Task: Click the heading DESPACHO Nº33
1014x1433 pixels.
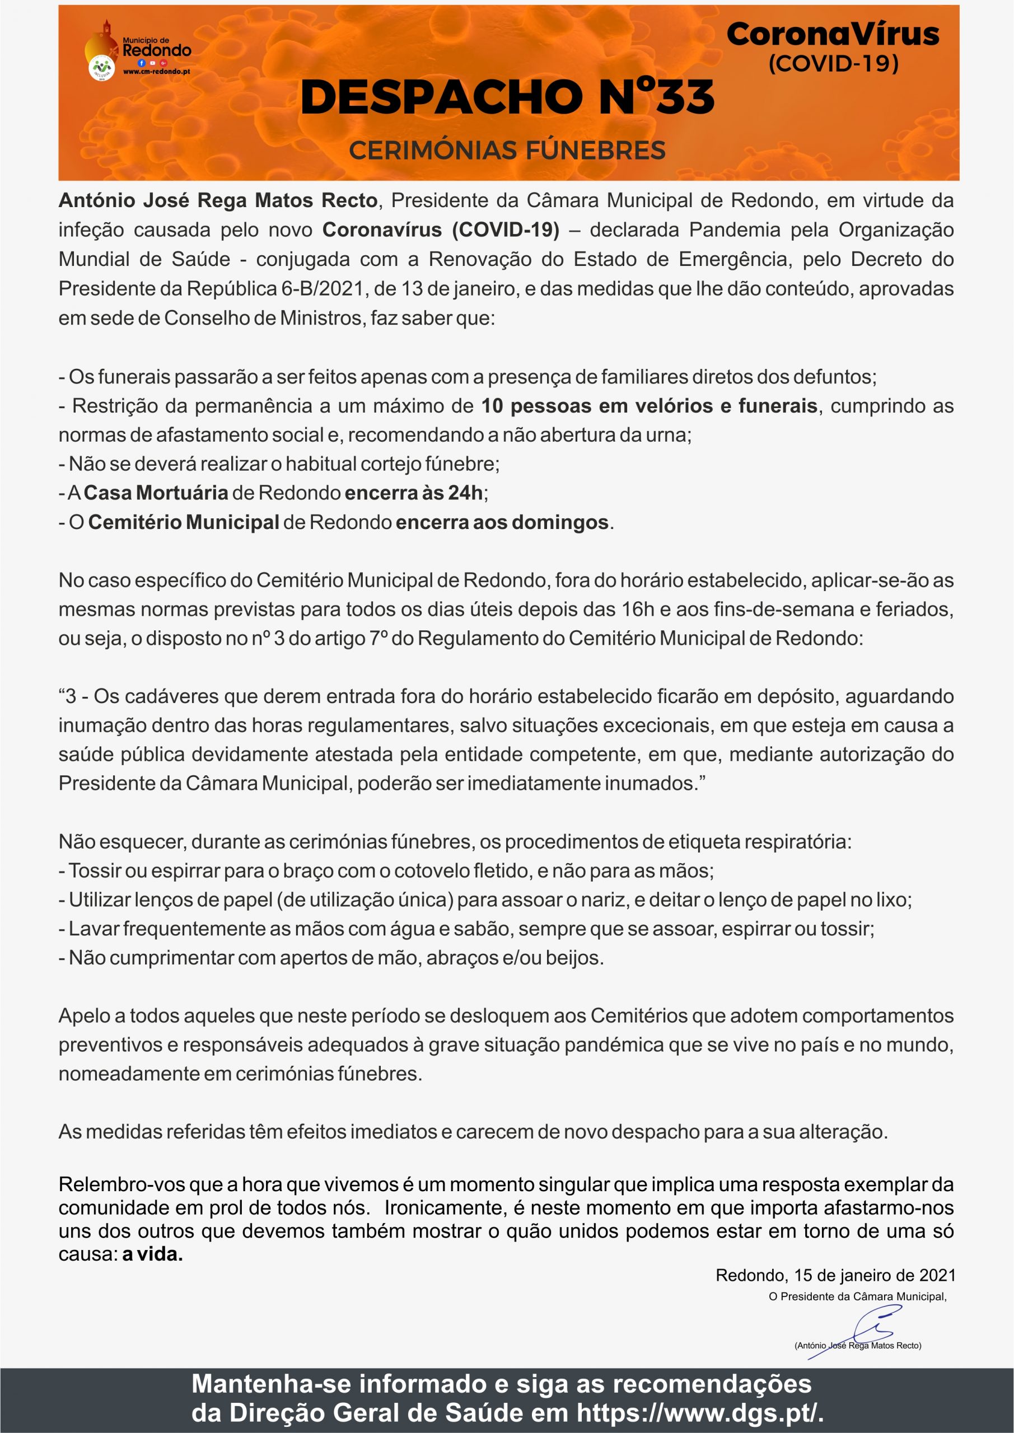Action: point(507,97)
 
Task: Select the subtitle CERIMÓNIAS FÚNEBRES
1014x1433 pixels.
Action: point(507,151)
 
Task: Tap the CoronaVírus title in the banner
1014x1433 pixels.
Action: point(833,34)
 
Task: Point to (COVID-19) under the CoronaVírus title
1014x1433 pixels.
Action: point(833,63)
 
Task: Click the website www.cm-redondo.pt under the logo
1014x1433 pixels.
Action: point(157,72)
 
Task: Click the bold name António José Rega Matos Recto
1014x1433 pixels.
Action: point(218,200)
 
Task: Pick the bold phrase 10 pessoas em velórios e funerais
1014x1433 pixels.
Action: point(649,406)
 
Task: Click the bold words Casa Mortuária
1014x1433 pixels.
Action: point(156,493)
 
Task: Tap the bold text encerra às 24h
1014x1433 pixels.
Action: point(413,493)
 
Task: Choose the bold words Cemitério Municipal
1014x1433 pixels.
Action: point(184,522)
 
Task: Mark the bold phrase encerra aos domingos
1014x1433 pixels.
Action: point(502,522)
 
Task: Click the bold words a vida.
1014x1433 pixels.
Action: point(152,1254)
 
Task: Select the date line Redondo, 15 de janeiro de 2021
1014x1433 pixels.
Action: point(835,1275)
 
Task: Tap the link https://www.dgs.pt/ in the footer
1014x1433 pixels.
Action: point(699,1412)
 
